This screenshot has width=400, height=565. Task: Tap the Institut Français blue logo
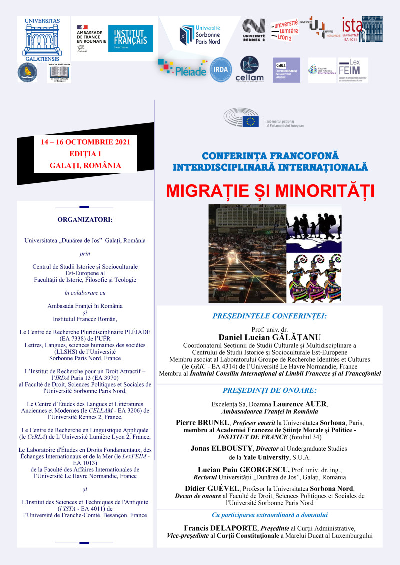[x=131, y=38]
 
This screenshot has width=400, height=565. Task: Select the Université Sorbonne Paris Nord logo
[x=200, y=35]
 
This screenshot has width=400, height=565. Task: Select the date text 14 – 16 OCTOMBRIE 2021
[x=85, y=142]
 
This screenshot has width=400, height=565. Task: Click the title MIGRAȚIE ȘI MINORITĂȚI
[x=270, y=191]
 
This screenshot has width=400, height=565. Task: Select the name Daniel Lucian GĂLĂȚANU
[x=269, y=337]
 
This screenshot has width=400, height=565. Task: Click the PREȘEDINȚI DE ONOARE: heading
[x=269, y=391]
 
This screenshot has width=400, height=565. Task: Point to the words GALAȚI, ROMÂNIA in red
[x=85, y=165]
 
